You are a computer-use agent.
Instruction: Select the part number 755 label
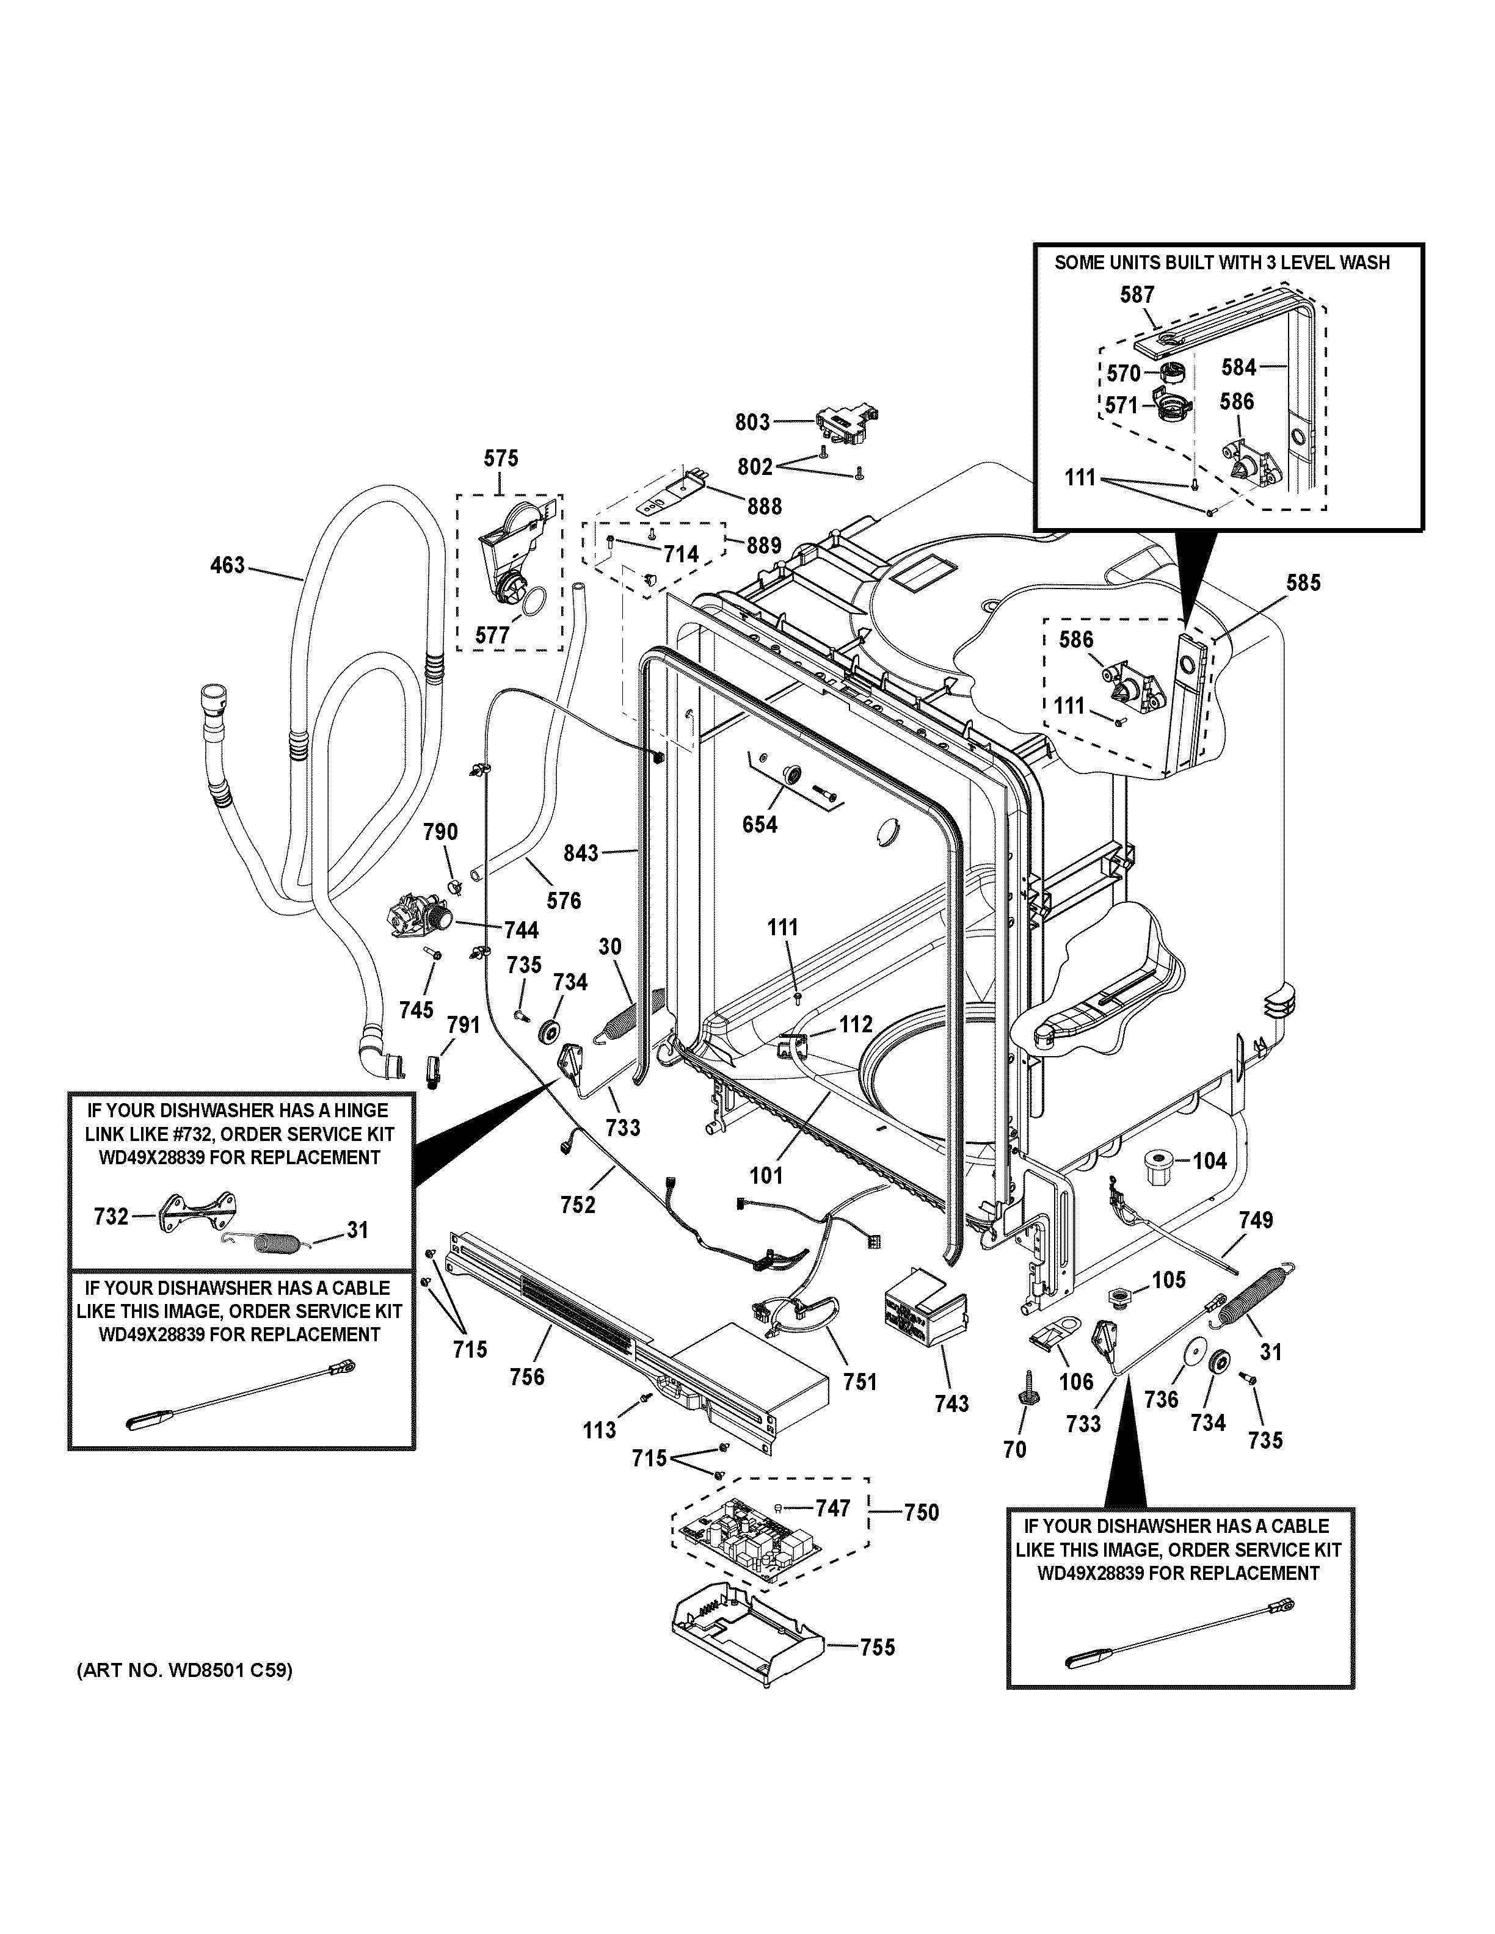877,1647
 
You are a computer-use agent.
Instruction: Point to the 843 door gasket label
581,853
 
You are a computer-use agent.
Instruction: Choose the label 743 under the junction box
951,1403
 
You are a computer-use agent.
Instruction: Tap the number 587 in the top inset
1137,295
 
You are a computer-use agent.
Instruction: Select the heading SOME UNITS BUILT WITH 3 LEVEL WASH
1222,263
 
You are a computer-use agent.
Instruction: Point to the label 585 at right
1303,582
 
